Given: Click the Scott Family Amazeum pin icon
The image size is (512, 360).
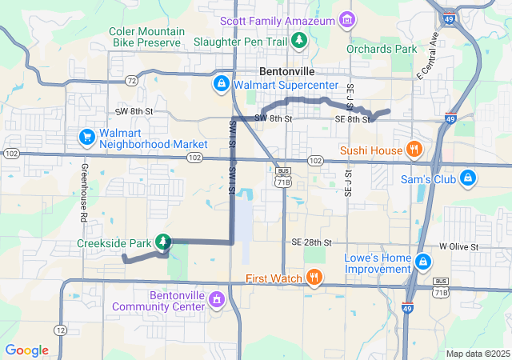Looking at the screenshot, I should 346,18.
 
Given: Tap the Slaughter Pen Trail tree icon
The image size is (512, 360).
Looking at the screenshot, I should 299,38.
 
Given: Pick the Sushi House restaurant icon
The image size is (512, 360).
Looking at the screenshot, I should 414,148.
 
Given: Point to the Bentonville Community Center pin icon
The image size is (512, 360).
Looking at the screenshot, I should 215,299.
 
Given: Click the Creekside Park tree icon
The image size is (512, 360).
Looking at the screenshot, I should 163,241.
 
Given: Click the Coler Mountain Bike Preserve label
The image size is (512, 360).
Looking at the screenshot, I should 147,37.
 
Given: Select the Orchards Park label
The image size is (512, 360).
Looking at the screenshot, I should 382,49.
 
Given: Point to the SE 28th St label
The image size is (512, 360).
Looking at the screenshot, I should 312,242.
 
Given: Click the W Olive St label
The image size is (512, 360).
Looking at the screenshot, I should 458,247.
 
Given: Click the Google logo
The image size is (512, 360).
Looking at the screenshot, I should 27,350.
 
